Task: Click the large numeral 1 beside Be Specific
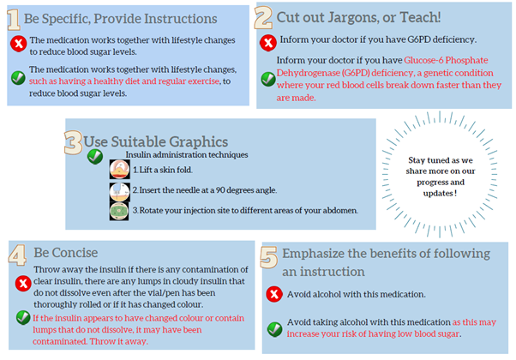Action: (14, 20)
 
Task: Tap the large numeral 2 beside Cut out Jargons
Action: (263, 18)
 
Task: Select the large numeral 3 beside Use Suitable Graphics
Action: (73, 142)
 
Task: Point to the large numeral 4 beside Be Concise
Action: (17, 255)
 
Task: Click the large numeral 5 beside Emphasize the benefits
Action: (268, 257)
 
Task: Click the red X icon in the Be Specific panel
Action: (19, 44)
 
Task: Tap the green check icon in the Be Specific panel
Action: (18, 78)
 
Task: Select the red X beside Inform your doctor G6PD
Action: (268, 43)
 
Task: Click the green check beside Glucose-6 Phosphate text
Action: (268, 79)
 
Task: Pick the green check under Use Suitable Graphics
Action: (95, 157)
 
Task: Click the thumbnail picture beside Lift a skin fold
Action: (119, 170)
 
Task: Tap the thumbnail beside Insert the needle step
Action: (119, 191)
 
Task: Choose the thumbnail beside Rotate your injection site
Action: (119, 211)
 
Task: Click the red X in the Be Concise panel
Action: (23, 284)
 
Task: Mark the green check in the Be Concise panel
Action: (23, 317)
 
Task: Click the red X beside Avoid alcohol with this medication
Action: (274, 294)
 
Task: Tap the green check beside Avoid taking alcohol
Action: (274, 329)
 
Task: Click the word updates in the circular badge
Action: (438, 193)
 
